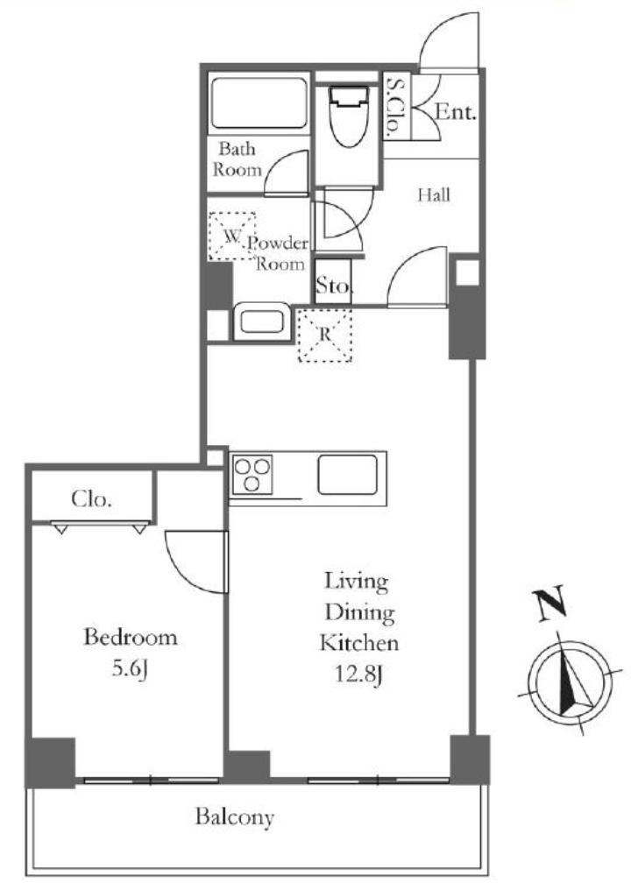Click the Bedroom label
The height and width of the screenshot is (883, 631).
[130, 637]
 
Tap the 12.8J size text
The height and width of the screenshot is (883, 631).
[359, 674]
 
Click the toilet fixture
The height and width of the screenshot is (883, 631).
[345, 116]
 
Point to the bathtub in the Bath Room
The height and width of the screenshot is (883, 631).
[259, 103]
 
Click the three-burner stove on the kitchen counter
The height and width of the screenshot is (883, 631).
[252, 474]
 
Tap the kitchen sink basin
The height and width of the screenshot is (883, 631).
[348, 474]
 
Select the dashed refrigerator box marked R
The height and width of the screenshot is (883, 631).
[324, 335]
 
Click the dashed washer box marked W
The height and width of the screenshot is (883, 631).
[231, 236]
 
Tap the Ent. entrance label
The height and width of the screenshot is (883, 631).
[455, 112]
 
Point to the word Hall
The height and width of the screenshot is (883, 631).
[434, 194]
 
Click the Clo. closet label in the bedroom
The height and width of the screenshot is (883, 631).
[91, 499]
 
